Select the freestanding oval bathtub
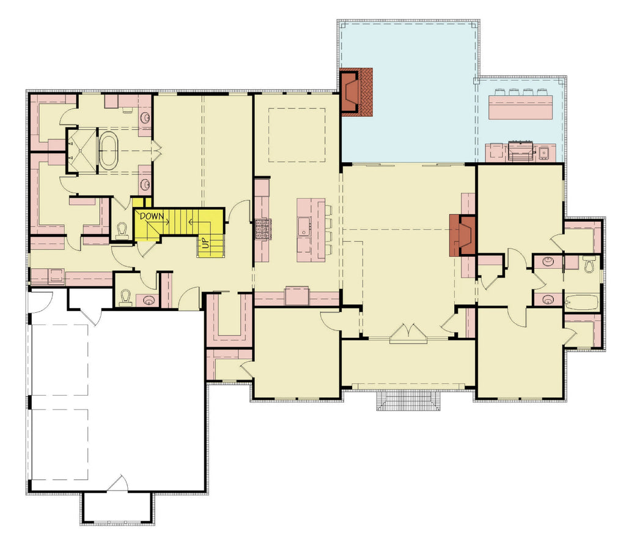pyautogui.click(x=111, y=150)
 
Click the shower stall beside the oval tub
pyautogui.click(x=81, y=151)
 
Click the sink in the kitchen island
pyautogui.click(x=304, y=228)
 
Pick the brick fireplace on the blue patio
pyautogui.click(x=355, y=92)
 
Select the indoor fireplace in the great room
pyautogui.click(x=463, y=235)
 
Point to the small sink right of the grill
pyautogui.click(x=543, y=151)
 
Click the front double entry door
pyautogui.click(x=408, y=334)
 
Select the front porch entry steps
pyautogui.click(x=409, y=401)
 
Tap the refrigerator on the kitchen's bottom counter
pyautogui.click(x=296, y=295)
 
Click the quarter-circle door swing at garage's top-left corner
pyautogui.click(x=40, y=301)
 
